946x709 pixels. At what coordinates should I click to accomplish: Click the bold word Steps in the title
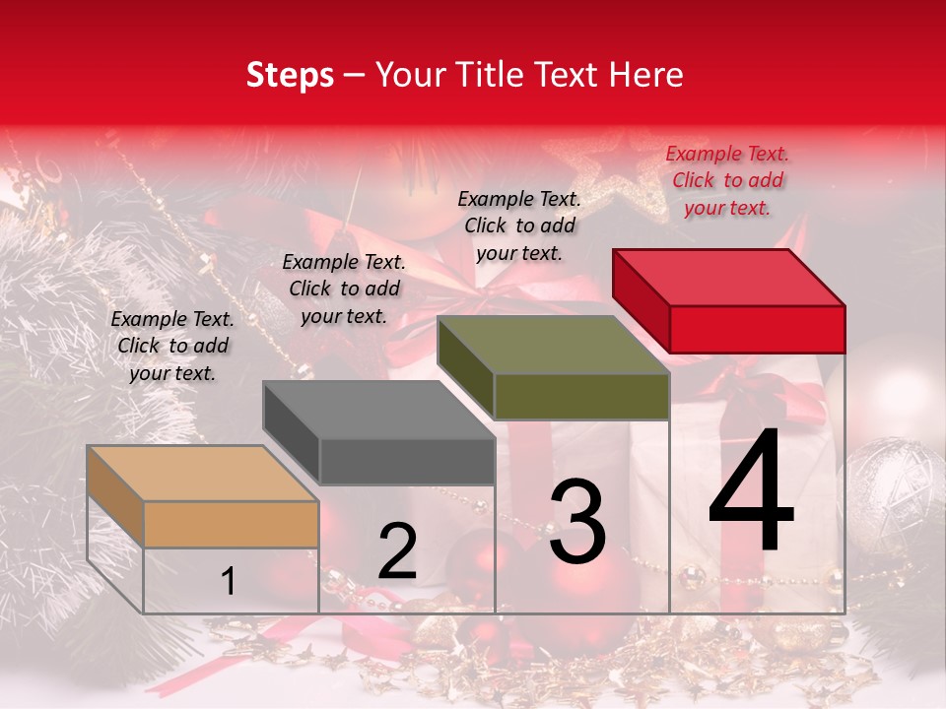[290, 75]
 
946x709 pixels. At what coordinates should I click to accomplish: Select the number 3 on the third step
[576, 522]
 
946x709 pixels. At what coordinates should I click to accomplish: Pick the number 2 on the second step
[397, 551]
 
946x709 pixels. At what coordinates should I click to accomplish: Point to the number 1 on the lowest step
[228, 582]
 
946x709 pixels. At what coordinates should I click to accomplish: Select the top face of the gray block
[378, 409]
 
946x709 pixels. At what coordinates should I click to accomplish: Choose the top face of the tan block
[203, 473]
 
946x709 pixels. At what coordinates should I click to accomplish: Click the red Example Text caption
[727, 180]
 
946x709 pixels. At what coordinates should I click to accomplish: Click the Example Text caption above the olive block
[519, 226]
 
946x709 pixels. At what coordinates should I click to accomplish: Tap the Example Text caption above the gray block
[344, 289]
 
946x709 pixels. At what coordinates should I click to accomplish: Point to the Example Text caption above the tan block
[172, 346]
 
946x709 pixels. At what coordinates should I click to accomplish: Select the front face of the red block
[757, 329]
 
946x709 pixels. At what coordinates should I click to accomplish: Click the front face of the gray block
[407, 461]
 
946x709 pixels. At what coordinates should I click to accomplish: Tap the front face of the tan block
[231, 524]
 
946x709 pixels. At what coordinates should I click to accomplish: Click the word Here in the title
[646, 75]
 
